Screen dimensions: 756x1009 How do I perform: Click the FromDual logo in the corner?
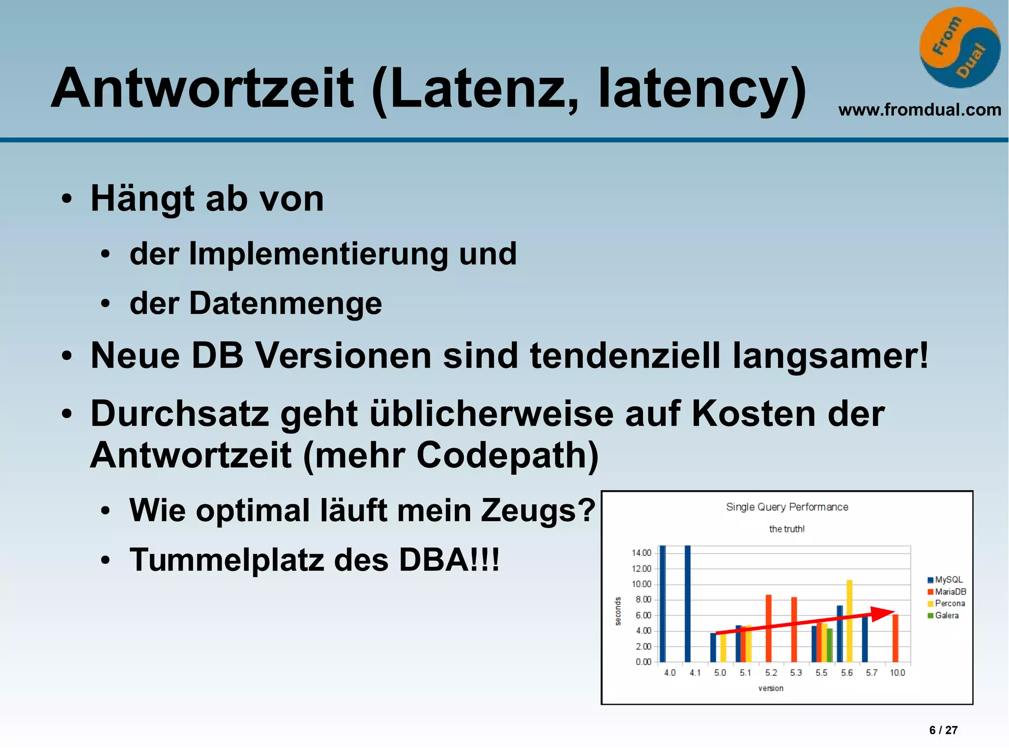[x=959, y=48]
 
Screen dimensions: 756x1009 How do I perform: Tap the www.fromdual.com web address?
[x=919, y=109]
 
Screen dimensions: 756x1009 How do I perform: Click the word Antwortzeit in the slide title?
[x=202, y=89]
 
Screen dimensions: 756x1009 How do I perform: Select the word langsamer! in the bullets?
[x=830, y=355]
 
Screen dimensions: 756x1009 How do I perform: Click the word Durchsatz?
[x=180, y=413]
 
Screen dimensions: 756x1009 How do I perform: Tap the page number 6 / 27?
[x=943, y=730]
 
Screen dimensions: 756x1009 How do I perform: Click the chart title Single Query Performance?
[x=787, y=507]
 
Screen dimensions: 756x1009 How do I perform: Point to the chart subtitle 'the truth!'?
[x=787, y=529]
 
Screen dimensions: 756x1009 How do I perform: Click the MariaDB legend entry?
[x=950, y=592]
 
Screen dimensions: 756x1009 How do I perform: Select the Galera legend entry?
[x=946, y=615]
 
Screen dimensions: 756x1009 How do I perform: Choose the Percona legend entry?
[x=949, y=603]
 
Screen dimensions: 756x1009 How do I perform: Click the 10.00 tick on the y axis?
[x=641, y=584]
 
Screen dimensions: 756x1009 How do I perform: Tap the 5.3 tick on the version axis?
[x=796, y=673]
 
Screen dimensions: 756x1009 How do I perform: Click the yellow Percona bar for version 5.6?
[x=849, y=621]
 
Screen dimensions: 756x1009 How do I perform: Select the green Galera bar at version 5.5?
[x=830, y=645]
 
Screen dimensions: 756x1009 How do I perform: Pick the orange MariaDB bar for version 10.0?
[x=895, y=638]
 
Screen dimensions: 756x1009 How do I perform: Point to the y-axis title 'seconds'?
[x=618, y=611]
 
